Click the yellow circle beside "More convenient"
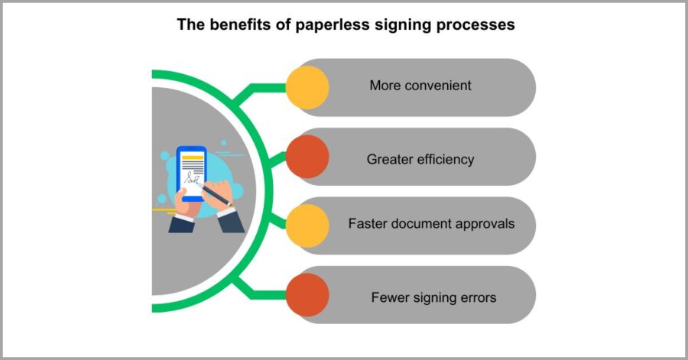point(307,87)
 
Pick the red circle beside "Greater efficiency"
point(307,157)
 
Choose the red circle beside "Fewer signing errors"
point(307,295)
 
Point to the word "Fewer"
point(389,297)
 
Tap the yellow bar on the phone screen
point(192,158)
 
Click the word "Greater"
point(390,160)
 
